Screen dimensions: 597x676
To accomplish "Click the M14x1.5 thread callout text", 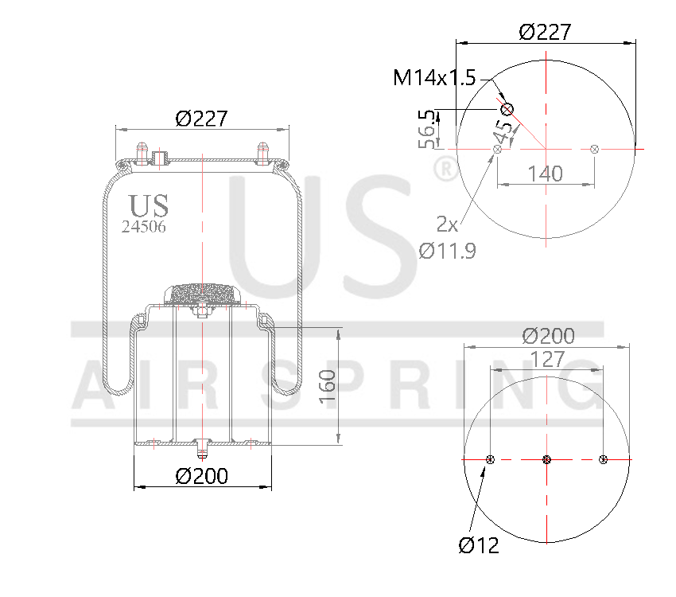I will point(433,77).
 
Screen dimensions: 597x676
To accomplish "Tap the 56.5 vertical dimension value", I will point(429,130).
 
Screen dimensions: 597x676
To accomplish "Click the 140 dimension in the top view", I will point(545,174).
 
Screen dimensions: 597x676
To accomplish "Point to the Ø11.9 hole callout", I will point(447,252).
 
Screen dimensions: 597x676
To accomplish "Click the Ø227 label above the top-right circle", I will point(545,32).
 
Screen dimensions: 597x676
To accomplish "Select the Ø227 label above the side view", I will point(201,119).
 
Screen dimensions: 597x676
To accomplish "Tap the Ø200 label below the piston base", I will point(201,476).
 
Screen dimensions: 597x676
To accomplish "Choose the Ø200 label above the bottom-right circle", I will point(547,336).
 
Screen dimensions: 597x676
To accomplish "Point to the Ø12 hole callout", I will point(479,546).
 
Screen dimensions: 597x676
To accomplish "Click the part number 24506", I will point(144,226).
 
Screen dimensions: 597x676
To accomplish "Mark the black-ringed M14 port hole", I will point(507,109).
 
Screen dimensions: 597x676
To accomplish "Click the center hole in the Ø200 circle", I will point(546,459).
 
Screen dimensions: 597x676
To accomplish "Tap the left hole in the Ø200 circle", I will point(490,459).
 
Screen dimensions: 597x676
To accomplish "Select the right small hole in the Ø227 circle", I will point(595,148).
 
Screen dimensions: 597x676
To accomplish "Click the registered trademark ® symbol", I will point(446,169).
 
